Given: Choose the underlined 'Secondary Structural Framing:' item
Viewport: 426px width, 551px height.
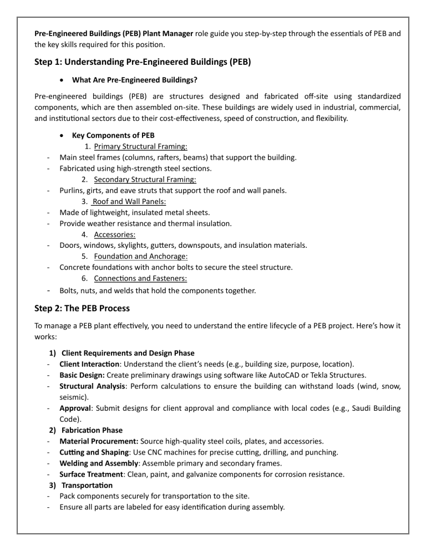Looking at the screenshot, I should coord(145,180).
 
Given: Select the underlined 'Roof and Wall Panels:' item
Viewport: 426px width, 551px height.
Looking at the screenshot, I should coord(129,202).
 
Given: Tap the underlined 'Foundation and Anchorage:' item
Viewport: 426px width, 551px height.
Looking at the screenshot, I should coord(141,256).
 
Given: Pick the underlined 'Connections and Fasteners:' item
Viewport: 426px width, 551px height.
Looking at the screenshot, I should coord(140,278).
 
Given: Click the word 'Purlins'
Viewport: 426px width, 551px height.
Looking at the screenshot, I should coord(73,191).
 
